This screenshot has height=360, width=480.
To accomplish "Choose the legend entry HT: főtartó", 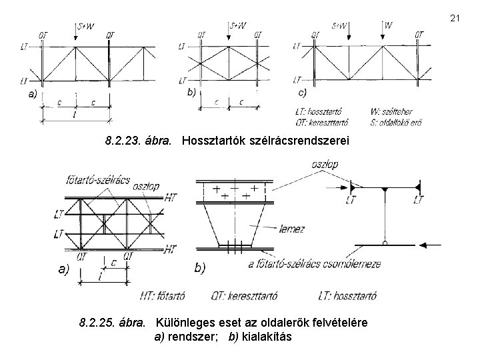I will tap(163, 295).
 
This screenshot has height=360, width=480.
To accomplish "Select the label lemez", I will tap(293, 229).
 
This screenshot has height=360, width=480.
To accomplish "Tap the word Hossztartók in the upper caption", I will tap(211, 141).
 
